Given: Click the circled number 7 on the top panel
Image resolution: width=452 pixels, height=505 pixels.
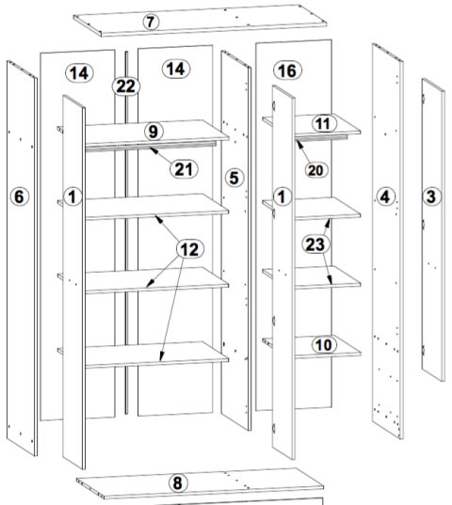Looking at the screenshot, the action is [151, 22].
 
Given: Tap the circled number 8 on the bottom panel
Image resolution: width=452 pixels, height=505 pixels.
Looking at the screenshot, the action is [178, 483].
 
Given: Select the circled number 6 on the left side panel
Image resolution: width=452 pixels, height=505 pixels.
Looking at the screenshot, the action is [20, 197].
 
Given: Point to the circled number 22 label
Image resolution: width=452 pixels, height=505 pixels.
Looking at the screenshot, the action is [126, 87].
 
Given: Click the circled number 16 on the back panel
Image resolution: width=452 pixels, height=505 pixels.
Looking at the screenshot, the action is [287, 71].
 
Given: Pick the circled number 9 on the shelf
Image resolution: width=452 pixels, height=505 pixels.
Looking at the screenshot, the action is [153, 132].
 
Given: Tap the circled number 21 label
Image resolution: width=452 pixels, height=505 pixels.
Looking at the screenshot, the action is [184, 169].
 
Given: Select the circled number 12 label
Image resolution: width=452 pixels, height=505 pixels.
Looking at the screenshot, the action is [189, 249].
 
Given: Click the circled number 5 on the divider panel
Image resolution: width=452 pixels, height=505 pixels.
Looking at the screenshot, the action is [234, 178].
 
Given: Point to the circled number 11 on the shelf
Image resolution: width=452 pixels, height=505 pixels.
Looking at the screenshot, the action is [323, 124].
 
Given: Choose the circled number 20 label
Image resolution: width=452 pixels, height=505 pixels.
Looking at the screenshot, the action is [315, 169].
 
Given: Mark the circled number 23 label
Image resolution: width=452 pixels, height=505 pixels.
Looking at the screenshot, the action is [315, 245].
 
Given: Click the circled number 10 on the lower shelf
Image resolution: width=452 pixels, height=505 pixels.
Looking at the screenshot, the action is [324, 345].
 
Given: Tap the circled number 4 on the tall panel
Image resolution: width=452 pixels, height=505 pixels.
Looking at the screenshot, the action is [385, 197].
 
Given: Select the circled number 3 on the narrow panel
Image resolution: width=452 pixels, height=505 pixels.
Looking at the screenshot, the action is [431, 197].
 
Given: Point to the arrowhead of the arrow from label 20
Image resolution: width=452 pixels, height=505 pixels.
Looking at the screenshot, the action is [299, 142].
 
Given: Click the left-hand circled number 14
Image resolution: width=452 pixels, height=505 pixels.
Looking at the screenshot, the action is [79, 72].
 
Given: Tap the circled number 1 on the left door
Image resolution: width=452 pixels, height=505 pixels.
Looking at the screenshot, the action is [73, 197].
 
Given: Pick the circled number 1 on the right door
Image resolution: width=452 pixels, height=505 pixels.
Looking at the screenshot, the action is [282, 197].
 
